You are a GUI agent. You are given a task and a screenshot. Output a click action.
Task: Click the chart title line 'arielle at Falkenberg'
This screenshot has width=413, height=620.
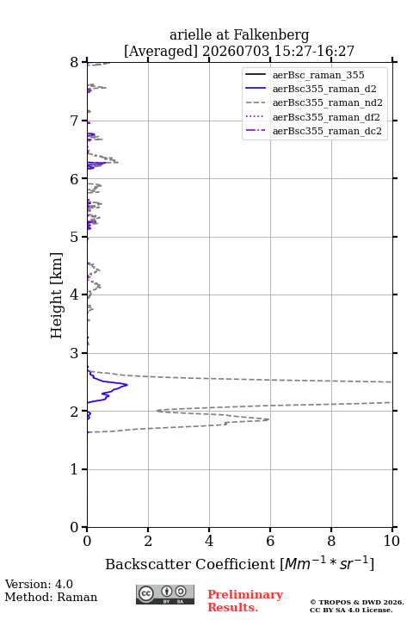239,35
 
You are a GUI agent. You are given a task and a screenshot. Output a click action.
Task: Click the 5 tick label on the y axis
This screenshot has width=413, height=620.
75,237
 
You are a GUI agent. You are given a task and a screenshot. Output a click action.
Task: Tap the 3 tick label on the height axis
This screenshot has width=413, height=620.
75,353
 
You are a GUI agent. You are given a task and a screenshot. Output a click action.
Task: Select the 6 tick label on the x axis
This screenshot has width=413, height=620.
270,541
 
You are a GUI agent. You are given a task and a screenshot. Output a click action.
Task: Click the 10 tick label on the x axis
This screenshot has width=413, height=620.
391,541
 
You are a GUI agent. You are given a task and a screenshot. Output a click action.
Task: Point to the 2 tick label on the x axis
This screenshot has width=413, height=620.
148,541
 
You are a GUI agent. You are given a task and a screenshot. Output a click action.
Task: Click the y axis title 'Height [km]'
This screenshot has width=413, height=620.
57,295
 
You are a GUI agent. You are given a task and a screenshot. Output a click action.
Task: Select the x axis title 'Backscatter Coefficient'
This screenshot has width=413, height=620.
190,564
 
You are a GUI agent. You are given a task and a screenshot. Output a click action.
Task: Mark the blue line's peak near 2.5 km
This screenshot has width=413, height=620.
127,384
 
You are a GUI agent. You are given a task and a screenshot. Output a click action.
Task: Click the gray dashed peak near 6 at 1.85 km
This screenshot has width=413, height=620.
268,419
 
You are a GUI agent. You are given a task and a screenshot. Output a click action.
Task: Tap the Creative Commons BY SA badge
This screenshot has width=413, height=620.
165,594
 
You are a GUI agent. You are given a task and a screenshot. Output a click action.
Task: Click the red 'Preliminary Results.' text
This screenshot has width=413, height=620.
245,601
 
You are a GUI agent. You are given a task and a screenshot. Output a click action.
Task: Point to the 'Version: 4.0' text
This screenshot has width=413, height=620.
39,584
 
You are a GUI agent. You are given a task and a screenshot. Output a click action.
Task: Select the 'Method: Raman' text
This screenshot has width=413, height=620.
51,597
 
